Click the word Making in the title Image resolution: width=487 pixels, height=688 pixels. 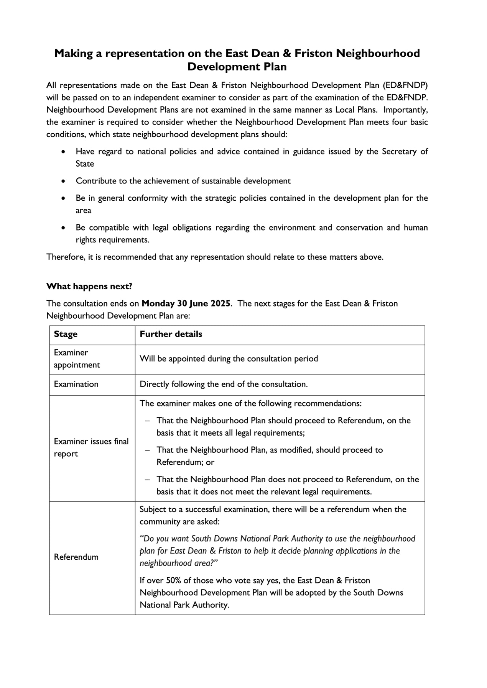[x=73, y=53]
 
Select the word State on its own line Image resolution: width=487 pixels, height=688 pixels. [x=85, y=164]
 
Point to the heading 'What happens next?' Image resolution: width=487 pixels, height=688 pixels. [x=89, y=287]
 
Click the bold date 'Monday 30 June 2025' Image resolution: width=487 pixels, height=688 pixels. [x=186, y=304]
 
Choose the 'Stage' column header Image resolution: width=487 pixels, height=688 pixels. [x=66, y=334]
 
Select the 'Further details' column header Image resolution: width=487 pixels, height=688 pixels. [x=171, y=334]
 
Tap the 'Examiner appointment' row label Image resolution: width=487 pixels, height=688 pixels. [x=77, y=359]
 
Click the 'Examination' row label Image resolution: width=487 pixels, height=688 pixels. [x=76, y=385]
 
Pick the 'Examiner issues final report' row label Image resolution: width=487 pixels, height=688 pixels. [x=91, y=448]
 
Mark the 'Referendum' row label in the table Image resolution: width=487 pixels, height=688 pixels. [x=76, y=557]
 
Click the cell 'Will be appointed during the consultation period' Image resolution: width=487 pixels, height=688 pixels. [x=229, y=359]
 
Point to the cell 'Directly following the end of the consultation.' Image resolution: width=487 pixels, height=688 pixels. [x=224, y=385]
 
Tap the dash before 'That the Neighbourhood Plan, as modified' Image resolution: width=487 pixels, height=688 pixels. [x=148, y=450]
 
